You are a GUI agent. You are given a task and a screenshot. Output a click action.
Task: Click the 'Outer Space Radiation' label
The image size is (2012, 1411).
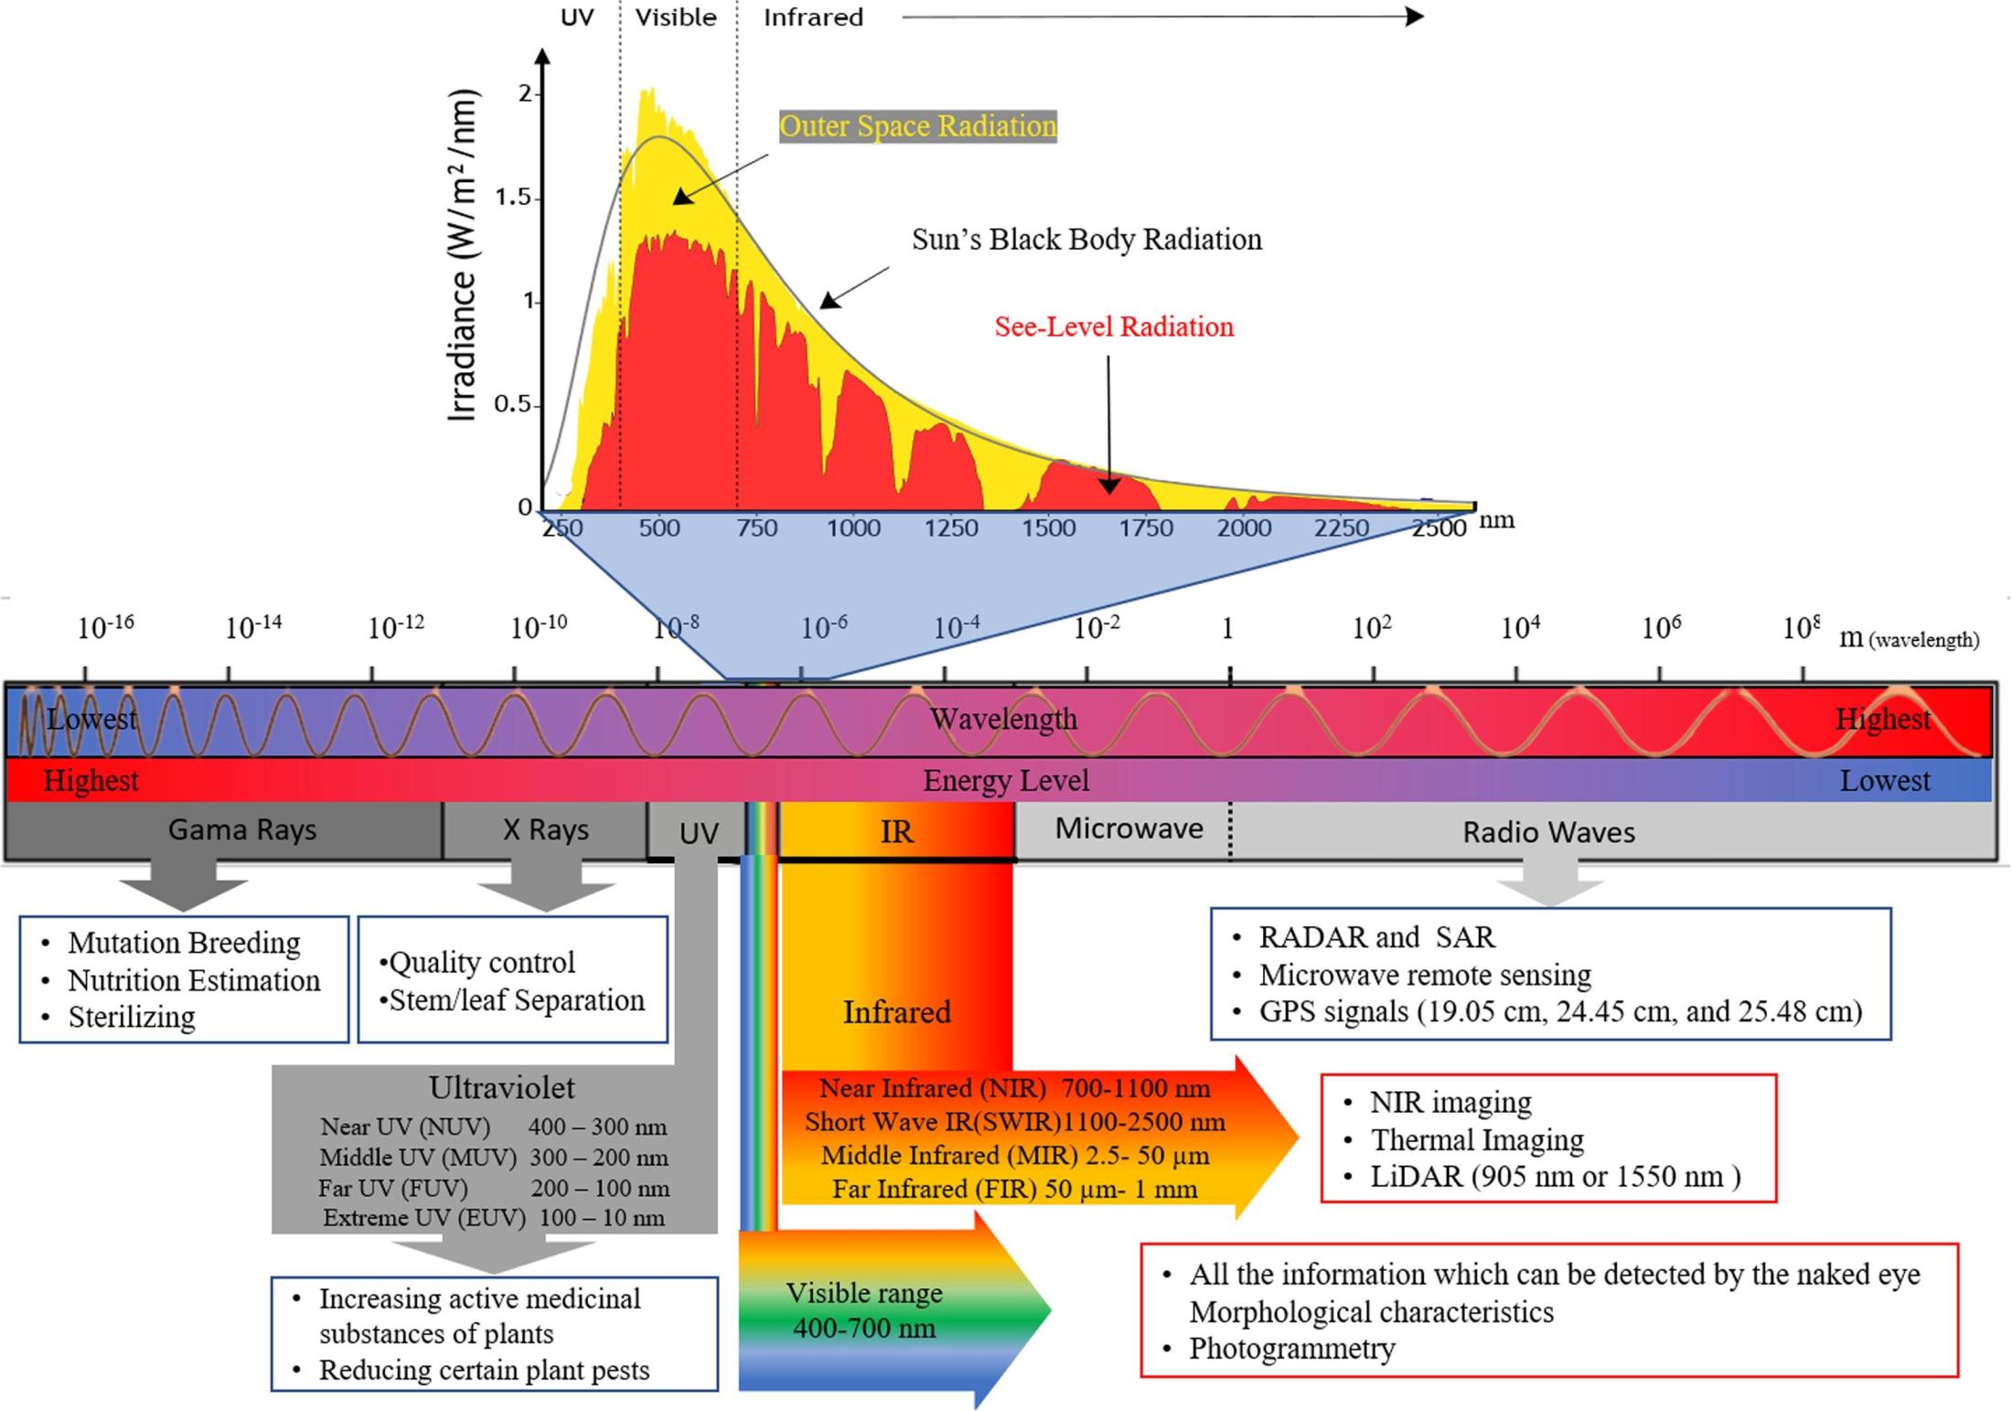tap(917, 126)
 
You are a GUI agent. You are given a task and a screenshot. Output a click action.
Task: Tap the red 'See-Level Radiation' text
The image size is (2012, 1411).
tap(1114, 326)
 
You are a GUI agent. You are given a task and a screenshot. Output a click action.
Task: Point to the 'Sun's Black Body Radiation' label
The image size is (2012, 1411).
tap(1086, 240)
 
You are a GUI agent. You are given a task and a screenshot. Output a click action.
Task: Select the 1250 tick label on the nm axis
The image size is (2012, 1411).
tap(951, 528)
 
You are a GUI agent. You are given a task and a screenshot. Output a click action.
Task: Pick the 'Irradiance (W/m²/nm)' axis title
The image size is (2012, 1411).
tap(464, 255)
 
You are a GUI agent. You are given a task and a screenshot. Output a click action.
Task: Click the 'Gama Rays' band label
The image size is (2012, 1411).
tap(242, 829)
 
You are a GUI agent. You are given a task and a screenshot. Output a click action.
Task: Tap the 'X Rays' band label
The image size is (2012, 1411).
tap(545, 829)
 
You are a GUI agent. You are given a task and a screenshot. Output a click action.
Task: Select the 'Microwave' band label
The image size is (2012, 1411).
tap(1129, 828)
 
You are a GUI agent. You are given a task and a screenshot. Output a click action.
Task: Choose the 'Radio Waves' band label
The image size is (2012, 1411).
tap(1548, 832)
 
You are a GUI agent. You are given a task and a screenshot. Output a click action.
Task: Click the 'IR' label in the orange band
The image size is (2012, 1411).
tap(896, 832)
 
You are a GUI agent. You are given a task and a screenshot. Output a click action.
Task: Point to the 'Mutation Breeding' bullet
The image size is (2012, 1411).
tap(184, 943)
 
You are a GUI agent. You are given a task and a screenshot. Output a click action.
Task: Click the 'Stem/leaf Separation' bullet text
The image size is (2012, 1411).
tap(517, 1000)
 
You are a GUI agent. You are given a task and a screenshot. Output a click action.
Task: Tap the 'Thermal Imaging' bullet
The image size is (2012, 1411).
tap(1477, 1140)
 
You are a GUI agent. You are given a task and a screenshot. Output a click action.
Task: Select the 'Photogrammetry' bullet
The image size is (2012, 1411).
tap(1291, 1349)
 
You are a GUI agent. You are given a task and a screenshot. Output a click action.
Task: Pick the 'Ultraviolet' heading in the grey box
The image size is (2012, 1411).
tap(502, 1087)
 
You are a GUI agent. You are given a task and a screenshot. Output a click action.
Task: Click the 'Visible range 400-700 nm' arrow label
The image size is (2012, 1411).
tap(864, 1310)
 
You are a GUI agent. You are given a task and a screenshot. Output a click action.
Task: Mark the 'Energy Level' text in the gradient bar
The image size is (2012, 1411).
tap(1006, 781)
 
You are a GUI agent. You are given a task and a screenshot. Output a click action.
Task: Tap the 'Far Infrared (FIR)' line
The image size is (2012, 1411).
tap(1014, 1190)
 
